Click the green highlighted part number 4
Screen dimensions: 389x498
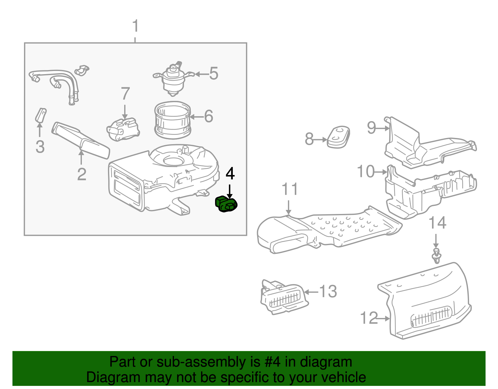226,204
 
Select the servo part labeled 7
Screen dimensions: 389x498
123,129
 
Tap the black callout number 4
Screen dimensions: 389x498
230,173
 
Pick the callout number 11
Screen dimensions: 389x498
289,189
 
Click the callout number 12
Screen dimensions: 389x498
369,318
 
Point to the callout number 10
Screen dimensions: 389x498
365,172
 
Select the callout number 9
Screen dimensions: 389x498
371,127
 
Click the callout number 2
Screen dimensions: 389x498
82,174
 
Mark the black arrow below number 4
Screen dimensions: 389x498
230,191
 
